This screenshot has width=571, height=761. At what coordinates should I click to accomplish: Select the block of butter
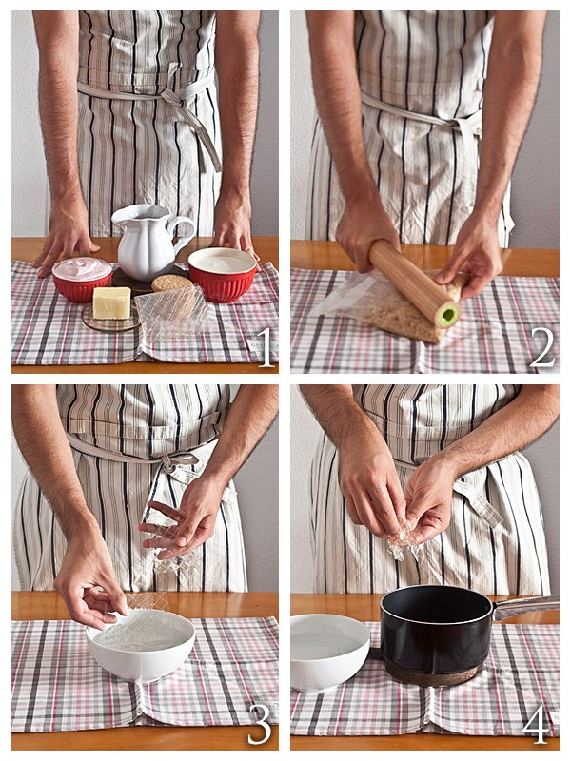pos(111,302)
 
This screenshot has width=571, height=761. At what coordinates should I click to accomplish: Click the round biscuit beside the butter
pos(172,283)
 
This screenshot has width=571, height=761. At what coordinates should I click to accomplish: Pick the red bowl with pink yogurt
pos(82,280)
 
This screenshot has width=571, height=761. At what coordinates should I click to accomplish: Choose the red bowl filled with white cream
pos(223,275)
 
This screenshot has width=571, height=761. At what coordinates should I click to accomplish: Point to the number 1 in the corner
pos(266,348)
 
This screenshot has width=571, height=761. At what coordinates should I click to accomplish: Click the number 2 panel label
pos(541,347)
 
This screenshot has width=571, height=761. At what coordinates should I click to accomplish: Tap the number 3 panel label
pos(260,724)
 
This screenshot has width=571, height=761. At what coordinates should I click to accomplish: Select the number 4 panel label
pos(536,725)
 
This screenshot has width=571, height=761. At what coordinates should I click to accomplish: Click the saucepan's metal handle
pos(525,607)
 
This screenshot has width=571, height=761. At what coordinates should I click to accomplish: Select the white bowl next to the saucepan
pos(330,652)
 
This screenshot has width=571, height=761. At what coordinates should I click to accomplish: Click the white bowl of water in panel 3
pos(140,645)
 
